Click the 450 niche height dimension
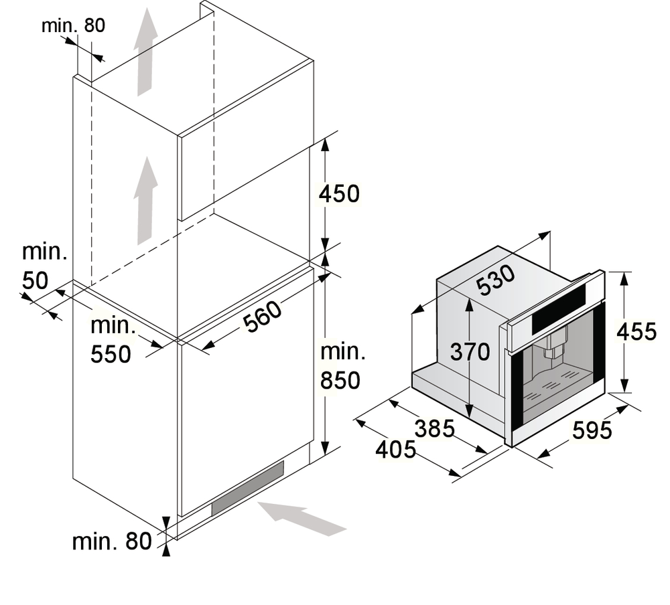[339, 193]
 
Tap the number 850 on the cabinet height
[340, 380]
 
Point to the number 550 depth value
[111, 354]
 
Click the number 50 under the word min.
[35, 280]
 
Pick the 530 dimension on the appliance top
[496, 280]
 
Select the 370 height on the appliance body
[470, 351]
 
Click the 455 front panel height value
[636, 331]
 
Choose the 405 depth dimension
[396, 450]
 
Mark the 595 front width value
[592, 430]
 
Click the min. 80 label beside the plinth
[112, 541]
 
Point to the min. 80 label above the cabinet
[73, 25]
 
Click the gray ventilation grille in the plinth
[247, 489]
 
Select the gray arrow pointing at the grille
[301, 519]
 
